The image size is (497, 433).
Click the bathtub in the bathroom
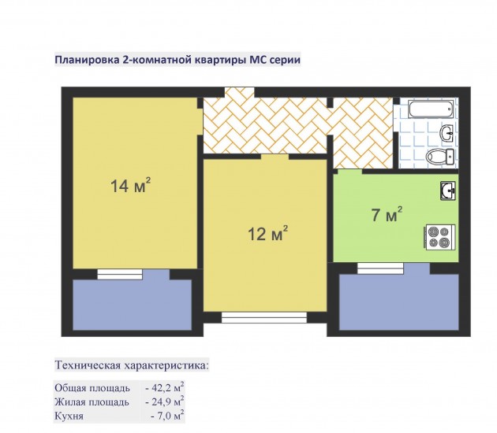point(431,109)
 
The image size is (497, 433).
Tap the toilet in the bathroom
point(440,157)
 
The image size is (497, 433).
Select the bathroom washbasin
point(447,133)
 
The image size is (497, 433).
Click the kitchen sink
point(447,191)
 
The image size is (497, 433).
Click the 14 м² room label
point(130,185)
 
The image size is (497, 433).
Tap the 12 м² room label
point(267,234)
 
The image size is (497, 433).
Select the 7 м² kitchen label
point(387,215)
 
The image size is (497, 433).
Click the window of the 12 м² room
point(264,317)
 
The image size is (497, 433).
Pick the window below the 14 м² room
point(120,274)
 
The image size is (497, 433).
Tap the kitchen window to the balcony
point(380,268)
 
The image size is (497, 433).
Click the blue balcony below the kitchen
point(399,302)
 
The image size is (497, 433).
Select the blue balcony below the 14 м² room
point(133,305)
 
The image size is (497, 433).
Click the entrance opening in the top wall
point(240,92)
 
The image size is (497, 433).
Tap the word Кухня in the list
point(69,416)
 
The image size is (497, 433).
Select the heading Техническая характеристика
point(133,365)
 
